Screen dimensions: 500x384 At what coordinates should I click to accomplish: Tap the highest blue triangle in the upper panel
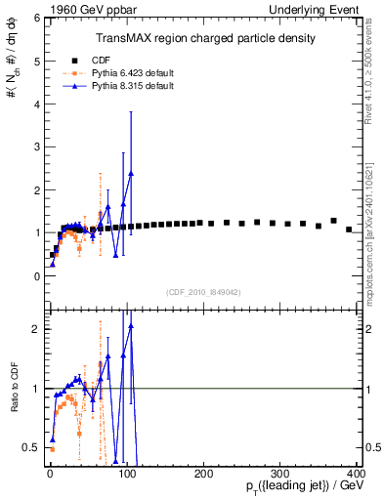click(131, 173)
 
